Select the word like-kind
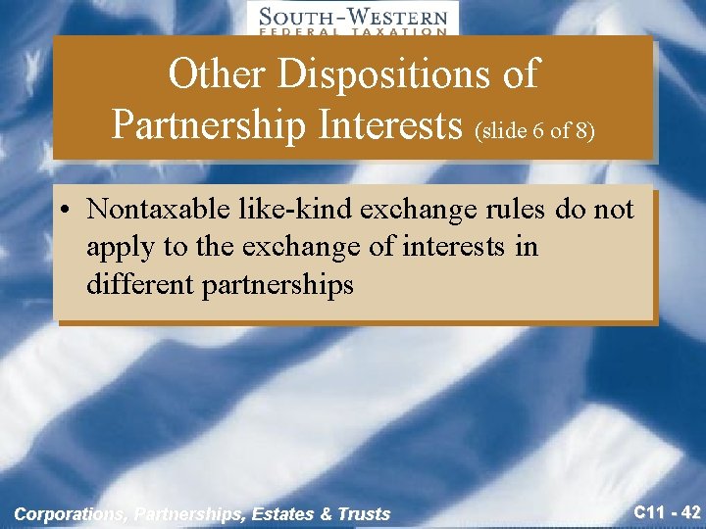(x=297, y=210)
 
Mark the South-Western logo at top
(x=352, y=19)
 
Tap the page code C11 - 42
(x=667, y=510)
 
